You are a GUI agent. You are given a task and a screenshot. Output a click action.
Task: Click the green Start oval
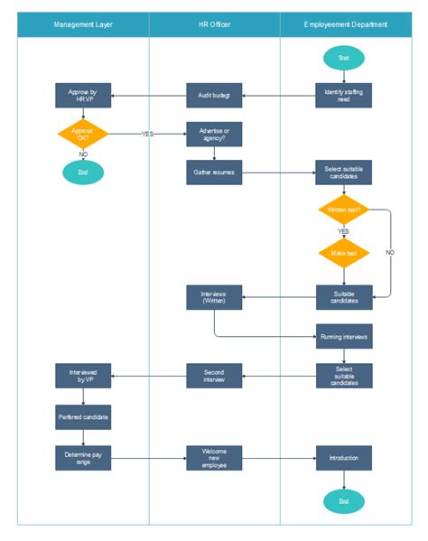pyautogui.click(x=343, y=59)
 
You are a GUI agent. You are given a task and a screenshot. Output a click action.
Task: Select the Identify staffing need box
pyautogui.click(x=343, y=96)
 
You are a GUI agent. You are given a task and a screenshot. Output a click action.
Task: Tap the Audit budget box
pyautogui.click(x=214, y=96)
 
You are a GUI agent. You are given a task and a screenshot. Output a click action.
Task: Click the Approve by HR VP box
pyautogui.click(x=83, y=96)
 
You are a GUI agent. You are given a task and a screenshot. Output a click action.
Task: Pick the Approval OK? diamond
pyautogui.click(x=83, y=134)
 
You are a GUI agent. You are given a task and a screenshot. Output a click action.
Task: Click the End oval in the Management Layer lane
pyautogui.click(x=83, y=173)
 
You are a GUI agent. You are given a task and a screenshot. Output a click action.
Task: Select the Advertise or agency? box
pyautogui.click(x=214, y=134)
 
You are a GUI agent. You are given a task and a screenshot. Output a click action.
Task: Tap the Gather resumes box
pyautogui.click(x=214, y=173)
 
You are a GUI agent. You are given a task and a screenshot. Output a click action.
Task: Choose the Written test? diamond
pyautogui.click(x=343, y=210)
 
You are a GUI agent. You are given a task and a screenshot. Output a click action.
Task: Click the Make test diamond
pyautogui.click(x=343, y=253)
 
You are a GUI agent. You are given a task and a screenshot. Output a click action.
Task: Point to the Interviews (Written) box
pyautogui.click(x=214, y=297)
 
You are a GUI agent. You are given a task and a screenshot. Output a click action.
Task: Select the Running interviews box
pyautogui.click(x=343, y=336)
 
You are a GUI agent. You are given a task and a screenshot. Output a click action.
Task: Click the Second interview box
pyautogui.click(x=214, y=375)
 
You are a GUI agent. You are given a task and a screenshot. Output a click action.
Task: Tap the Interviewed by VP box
pyautogui.click(x=83, y=375)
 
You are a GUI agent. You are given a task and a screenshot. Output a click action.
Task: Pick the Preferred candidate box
pyautogui.click(x=83, y=417)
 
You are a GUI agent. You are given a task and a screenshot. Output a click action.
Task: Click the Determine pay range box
pyautogui.click(x=83, y=458)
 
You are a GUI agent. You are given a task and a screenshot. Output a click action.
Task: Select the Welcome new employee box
pyautogui.click(x=214, y=458)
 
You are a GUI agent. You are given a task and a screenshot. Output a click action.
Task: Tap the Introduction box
pyautogui.click(x=343, y=458)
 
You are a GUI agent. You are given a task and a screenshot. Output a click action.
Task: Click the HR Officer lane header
pyautogui.click(x=214, y=24)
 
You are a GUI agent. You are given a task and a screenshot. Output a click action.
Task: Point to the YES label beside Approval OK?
pyautogui.click(x=147, y=134)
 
